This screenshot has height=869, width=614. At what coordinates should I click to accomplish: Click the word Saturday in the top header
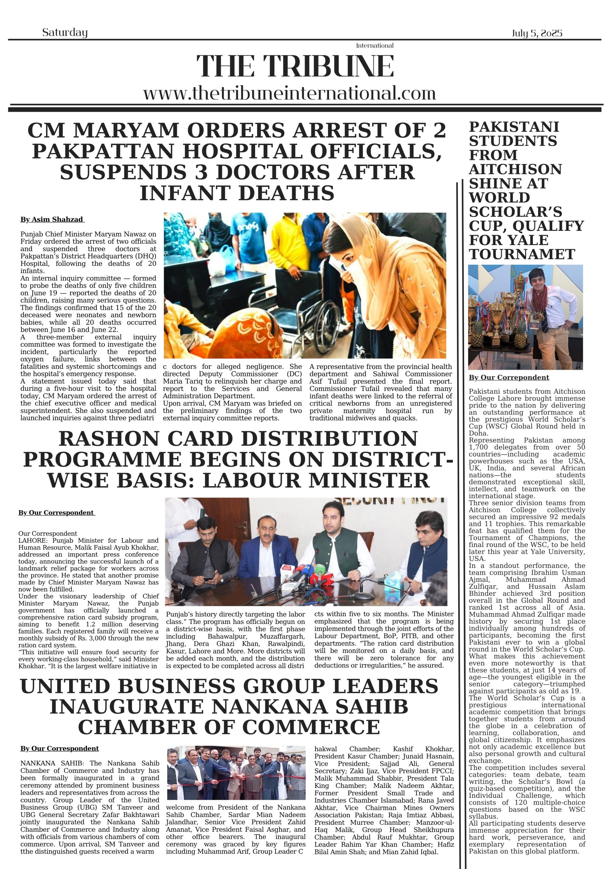pyautogui.click(x=65, y=33)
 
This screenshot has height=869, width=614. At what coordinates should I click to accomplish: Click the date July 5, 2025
pyautogui.click(x=537, y=33)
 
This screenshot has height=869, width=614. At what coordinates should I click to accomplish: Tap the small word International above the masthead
pyautogui.click(x=375, y=46)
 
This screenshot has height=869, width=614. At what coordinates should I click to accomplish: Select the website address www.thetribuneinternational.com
pyautogui.click(x=289, y=93)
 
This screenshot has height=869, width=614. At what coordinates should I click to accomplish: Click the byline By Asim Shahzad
pyautogui.click(x=52, y=220)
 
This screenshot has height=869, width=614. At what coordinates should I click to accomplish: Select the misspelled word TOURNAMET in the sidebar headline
pyautogui.click(x=522, y=254)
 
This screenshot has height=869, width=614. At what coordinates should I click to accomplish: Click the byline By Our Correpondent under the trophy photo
pyautogui.click(x=509, y=377)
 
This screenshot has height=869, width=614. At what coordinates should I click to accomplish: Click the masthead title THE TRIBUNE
pyautogui.click(x=295, y=66)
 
